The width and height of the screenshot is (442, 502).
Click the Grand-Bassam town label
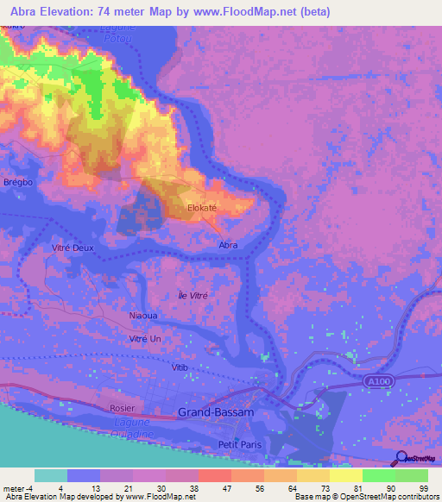(x=216, y=412)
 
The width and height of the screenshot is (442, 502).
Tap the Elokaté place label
(x=205, y=208)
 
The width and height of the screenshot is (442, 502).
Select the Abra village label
(x=228, y=245)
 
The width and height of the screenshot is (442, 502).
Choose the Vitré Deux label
(x=72, y=247)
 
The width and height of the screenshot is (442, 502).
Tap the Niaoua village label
(x=142, y=316)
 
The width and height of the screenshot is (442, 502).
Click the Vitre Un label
(x=144, y=339)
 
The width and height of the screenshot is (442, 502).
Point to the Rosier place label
(x=123, y=407)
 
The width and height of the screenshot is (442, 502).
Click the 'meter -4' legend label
(x=17, y=487)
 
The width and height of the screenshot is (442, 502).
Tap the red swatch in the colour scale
(x=213, y=475)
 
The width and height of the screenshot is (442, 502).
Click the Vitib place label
(x=180, y=367)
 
